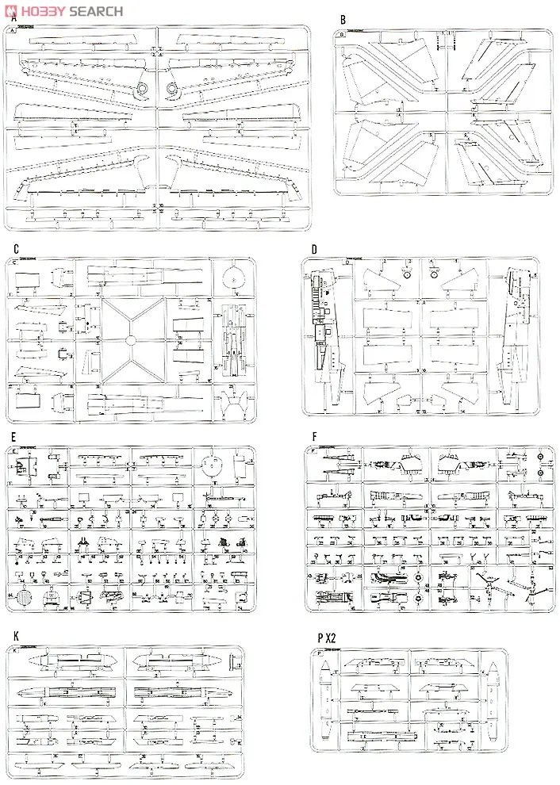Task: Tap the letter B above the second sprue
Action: click(x=343, y=18)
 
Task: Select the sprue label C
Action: click(x=16, y=249)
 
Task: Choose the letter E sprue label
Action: click(x=13, y=437)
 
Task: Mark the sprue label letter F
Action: click(x=315, y=437)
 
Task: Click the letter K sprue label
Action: click(x=15, y=637)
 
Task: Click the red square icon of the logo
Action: click(x=9, y=10)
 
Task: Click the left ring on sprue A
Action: click(x=143, y=89)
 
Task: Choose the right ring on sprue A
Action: click(x=172, y=89)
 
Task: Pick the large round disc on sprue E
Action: click(x=211, y=461)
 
